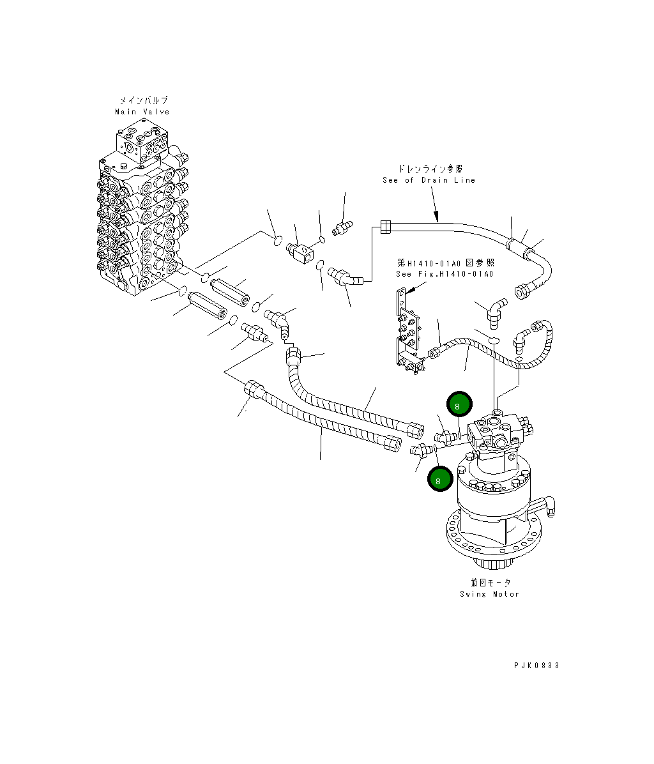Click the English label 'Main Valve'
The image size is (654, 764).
142,112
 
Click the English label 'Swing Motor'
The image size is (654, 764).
489,594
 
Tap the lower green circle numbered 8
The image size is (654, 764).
439,480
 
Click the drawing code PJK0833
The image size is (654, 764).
536,666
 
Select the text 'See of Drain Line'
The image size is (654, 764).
429,180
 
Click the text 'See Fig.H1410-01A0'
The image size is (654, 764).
445,275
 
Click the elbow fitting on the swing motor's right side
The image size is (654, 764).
550,507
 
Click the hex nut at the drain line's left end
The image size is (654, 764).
385,225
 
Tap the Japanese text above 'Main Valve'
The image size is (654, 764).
143,101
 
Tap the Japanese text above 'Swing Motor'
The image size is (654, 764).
490,583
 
